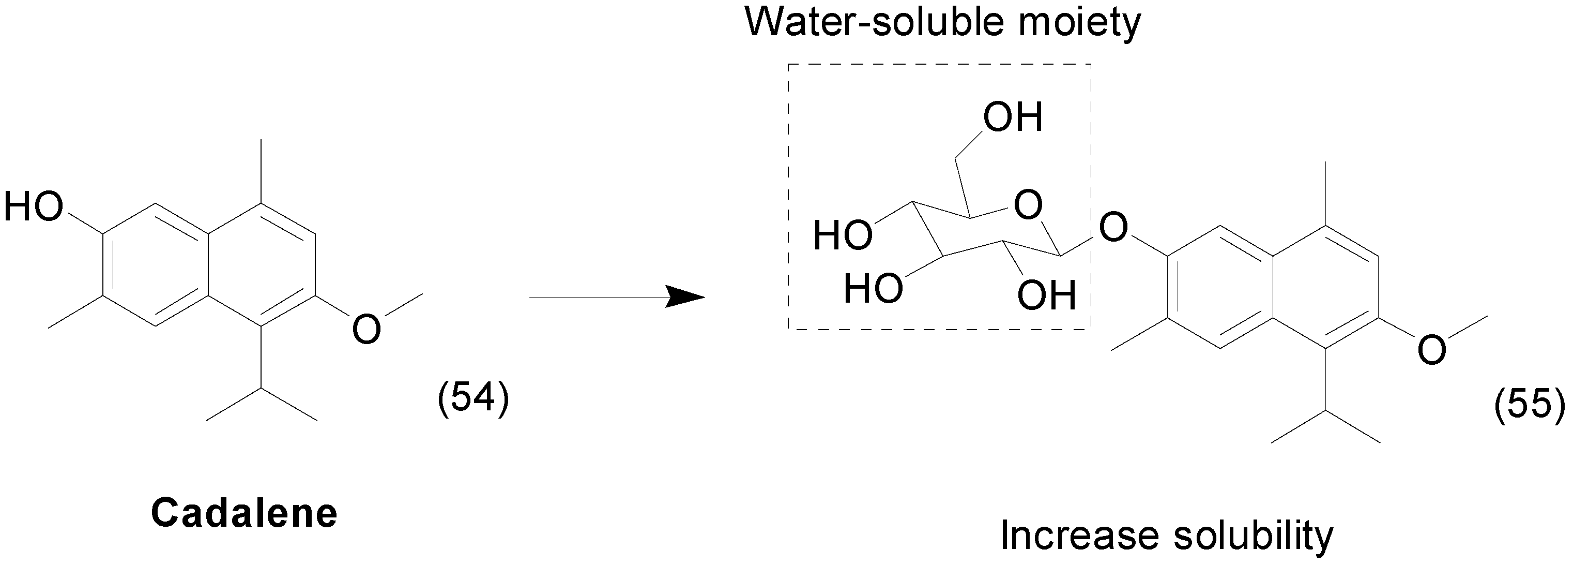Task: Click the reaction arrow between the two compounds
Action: (617, 297)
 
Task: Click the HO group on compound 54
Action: (34, 206)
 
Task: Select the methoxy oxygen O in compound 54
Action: (366, 328)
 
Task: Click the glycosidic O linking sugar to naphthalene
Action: (1112, 227)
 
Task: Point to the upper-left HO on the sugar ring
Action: (842, 235)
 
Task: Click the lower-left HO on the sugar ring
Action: (873, 288)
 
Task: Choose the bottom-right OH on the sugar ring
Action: (1046, 296)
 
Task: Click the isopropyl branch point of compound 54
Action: (262, 388)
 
